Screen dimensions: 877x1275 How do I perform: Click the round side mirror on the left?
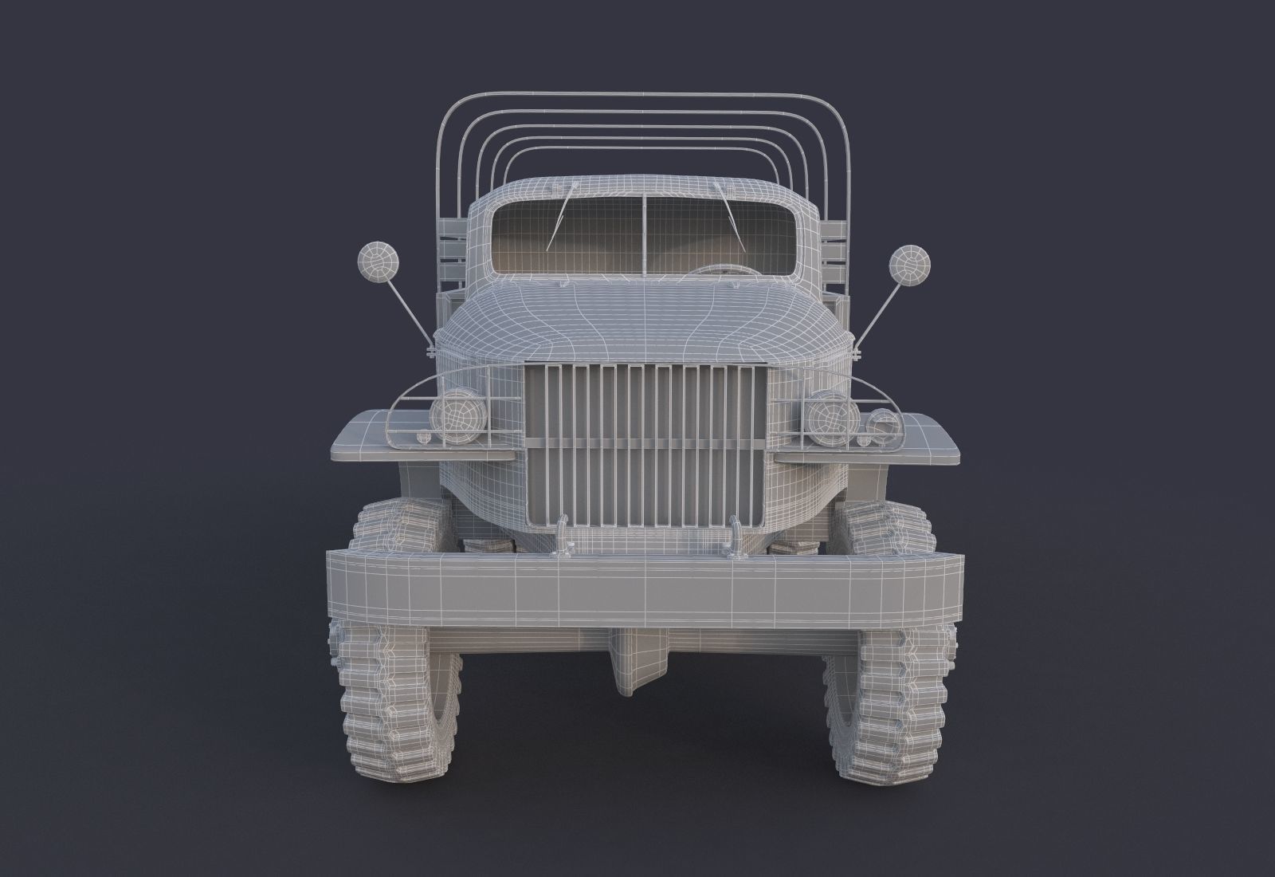(372, 262)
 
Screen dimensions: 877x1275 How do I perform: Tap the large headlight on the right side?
(826, 413)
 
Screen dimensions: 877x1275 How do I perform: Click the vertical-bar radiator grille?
(645, 446)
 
